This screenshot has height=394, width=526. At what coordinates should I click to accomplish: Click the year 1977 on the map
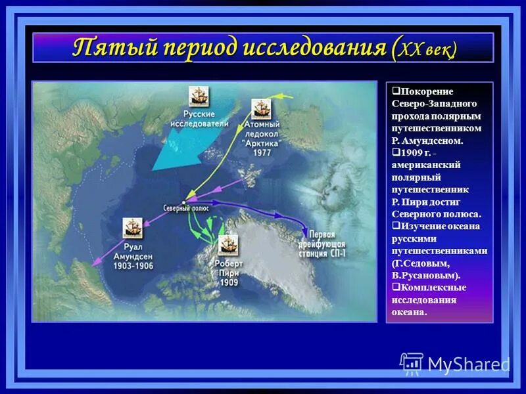pyautogui.click(x=262, y=152)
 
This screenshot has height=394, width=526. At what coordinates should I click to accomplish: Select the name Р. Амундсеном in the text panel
pyautogui.click(x=427, y=141)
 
